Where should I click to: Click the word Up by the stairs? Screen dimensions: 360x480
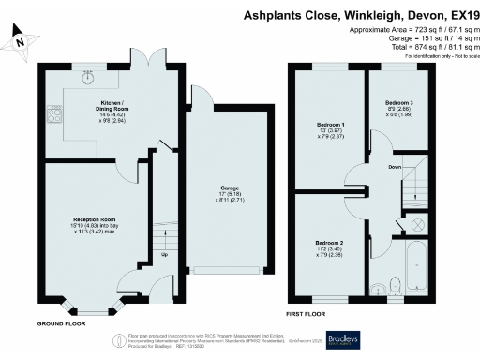166,253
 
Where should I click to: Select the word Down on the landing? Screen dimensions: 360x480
395,167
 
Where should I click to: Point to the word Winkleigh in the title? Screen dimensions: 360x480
347,15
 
